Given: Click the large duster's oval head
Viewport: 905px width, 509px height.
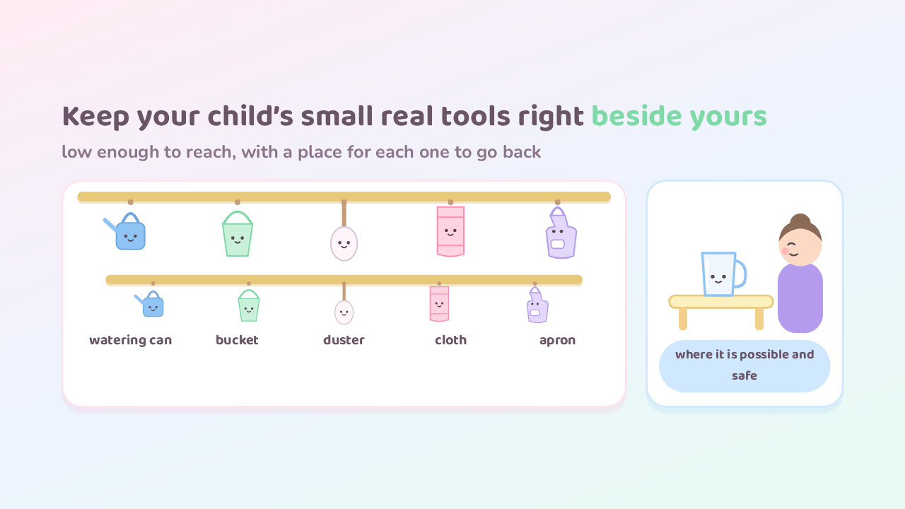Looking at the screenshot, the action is pyautogui.click(x=344, y=244).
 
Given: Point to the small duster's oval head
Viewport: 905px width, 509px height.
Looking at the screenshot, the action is pyautogui.click(x=344, y=312).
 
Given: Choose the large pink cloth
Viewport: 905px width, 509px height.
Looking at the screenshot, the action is pyautogui.click(x=450, y=231).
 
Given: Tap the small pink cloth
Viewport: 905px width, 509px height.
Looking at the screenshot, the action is pyautogui.click(x=439, y=304).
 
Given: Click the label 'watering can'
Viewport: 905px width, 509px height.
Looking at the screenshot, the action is pyautogui.click(x=131, y=340).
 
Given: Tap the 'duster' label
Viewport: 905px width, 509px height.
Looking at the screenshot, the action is pyautogui.click(x=344, y=340).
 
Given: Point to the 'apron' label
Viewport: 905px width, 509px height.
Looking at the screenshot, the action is pyautogui.click(x=558, y=341).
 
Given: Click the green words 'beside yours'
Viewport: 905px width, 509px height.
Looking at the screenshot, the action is pyautogui.click(x=679, y=117).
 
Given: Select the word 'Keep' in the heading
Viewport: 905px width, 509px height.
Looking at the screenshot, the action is pyautogui.click(x=95, y=117).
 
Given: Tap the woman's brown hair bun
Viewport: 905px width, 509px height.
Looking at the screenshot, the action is pyautogui.click(x=800, y=221).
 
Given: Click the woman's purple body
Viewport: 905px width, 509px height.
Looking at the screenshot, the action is pyautogui.click(x=800, y=298).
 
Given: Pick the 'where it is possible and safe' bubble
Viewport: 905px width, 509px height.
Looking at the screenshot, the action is pyautogui.click(x=745, y=366).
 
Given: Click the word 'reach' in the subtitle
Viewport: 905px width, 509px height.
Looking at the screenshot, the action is pyautogui.click(x=210, y=152).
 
